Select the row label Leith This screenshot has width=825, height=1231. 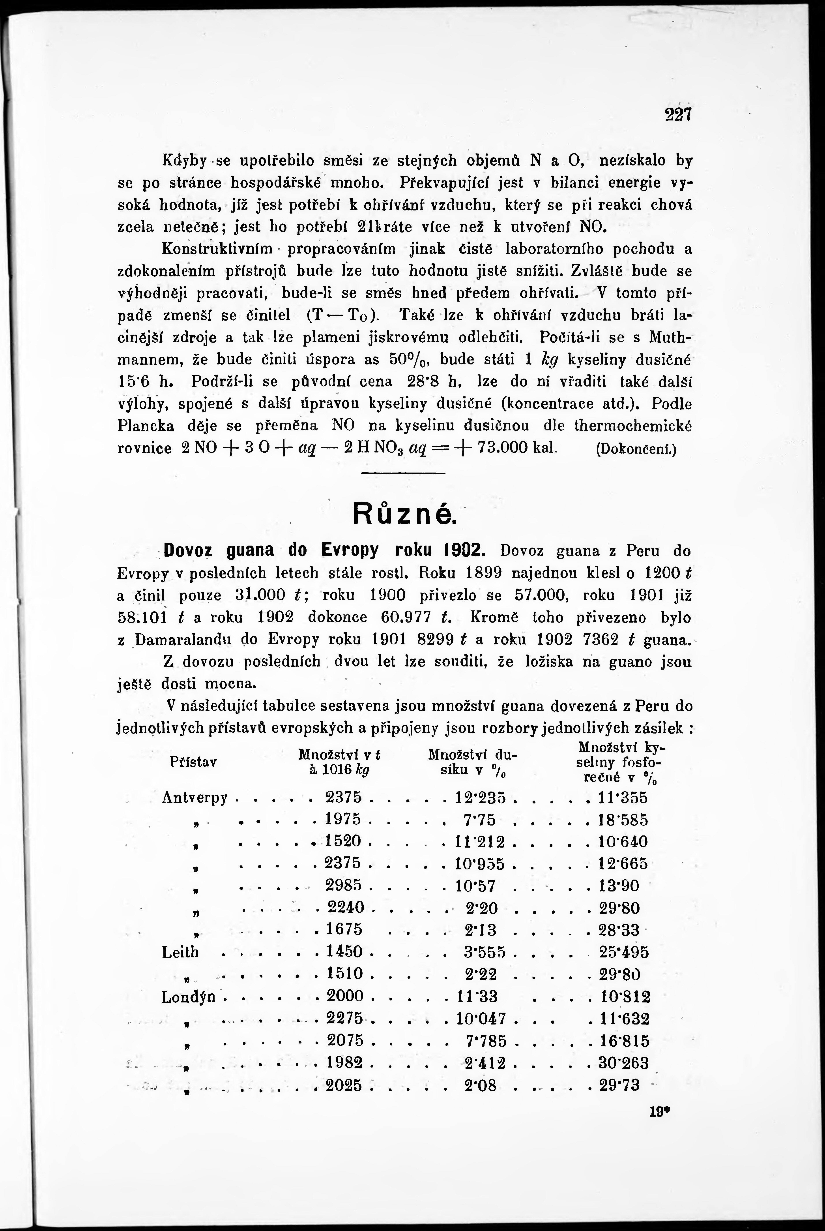pyautogui.click(x=180, y=951)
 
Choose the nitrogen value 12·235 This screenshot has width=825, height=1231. pyautogui.click(x=481, y=798)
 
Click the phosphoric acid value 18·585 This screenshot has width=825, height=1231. pyautogui.click(x=623, y=820)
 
